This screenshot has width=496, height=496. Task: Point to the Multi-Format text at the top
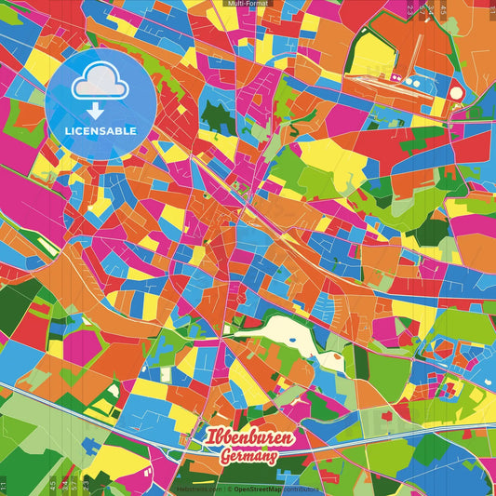pos(247,4)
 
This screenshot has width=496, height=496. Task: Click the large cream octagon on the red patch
pos(456,92)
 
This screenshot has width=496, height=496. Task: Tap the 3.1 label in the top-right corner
pos(490,11)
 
